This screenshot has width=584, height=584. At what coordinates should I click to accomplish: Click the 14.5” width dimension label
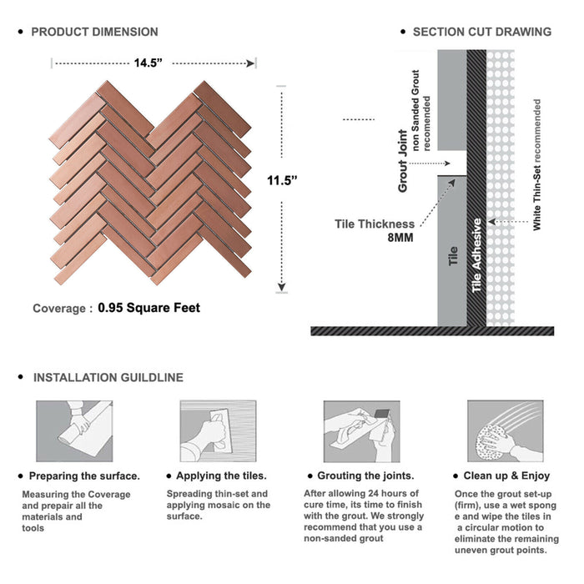pos(149,63)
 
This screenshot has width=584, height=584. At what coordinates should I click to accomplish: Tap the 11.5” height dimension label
pos(282,181)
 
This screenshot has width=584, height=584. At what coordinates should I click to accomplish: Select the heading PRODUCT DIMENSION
pos(94,32)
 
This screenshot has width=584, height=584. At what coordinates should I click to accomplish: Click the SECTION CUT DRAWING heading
pos(482,32)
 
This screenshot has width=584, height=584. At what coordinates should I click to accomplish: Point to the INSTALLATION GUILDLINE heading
pos(108,377)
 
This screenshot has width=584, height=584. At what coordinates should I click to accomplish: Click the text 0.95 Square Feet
pos(149,308)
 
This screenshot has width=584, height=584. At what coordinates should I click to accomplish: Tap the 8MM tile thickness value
pos(400,238)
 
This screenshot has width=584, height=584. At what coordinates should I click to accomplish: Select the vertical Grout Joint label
pos(403,161)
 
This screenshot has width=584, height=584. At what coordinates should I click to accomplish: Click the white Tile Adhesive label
pos(476,255)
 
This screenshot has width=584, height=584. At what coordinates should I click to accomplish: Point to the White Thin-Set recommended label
pos(536,164)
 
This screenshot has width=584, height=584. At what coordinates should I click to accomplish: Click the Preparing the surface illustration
pos(74,431)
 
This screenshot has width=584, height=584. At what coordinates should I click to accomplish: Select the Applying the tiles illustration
pos(219,431)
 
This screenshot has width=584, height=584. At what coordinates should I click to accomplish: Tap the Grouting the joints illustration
pos(361,431)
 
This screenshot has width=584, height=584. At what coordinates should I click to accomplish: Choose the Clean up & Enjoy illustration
pos(506,431)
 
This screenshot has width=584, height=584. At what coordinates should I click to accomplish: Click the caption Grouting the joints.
pos(365,476)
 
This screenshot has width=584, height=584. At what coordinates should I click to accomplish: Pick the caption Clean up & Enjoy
pos(506,476)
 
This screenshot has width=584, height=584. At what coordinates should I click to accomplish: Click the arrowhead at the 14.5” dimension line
pos(250,63)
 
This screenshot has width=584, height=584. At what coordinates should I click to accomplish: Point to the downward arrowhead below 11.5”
pos(282,287)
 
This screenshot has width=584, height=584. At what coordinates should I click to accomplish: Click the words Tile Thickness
pos(375,224)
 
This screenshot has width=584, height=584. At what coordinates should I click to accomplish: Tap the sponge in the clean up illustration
pos(491,443)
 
